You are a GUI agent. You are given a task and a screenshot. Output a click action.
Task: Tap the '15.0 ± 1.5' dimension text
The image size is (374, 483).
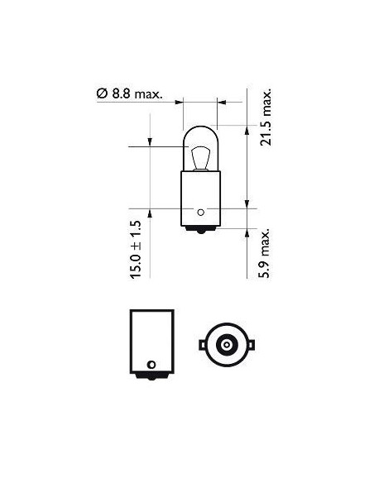[x=137, y=247]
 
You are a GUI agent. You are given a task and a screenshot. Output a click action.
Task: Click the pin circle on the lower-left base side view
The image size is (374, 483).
[x=151, y=365]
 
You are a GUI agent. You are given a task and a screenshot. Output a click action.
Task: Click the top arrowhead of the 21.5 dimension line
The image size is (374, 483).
[x=248, y=130]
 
